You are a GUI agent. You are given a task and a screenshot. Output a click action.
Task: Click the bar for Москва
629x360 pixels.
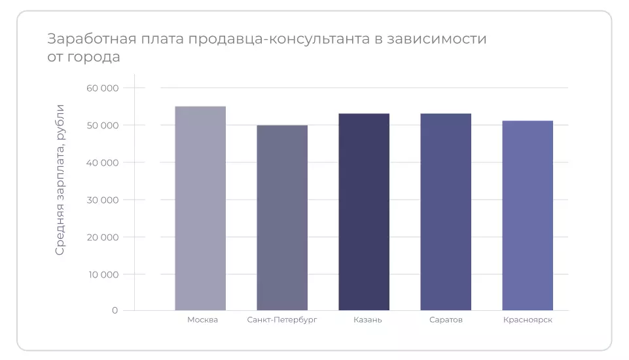[x=200, y=208]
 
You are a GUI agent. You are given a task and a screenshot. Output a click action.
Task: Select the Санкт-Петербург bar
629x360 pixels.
[x=282, y=217]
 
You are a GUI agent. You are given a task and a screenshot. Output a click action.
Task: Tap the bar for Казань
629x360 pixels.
[x=364, y=211]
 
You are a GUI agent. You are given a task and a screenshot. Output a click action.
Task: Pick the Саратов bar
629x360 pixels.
[x=446, y=211]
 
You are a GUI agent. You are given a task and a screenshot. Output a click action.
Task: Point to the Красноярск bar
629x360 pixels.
[x=528, y=215]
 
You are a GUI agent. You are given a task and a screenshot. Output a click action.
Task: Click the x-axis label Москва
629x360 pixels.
[x=202, y=320]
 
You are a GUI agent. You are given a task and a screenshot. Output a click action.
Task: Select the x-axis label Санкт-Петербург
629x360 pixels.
[x=282, y=320]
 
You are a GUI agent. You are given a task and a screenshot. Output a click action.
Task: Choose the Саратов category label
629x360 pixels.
[x=446, y=320]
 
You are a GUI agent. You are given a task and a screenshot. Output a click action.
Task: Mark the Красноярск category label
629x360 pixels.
[x=528, y=320]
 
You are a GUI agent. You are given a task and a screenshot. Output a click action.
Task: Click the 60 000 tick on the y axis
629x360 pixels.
[x=102, y=88]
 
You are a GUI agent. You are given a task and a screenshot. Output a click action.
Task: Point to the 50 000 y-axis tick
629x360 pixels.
[x=102, y=125]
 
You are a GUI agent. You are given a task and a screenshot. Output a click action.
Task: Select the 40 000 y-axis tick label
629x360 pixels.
[x=102, y=162]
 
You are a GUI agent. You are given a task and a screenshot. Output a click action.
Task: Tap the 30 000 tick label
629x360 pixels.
[x=102, y=200]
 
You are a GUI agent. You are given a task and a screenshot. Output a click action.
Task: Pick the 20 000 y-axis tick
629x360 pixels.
[x=102, y=237]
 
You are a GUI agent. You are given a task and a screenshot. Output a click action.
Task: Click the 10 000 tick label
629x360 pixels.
[x=102, y=274]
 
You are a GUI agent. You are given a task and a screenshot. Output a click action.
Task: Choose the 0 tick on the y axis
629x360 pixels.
[x=115, y=310]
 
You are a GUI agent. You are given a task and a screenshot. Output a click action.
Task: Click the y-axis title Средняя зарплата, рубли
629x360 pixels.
[x=60, y=179]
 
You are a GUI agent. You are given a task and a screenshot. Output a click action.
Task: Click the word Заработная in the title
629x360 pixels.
[x=91, y=39]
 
